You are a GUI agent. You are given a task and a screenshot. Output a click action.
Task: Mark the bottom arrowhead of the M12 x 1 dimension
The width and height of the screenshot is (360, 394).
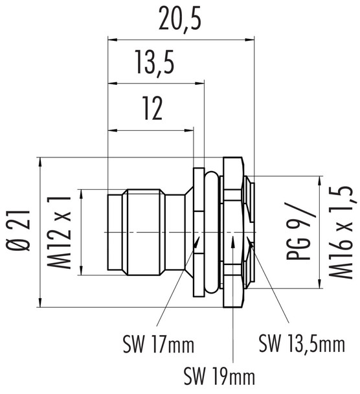[x=82, y=272]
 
